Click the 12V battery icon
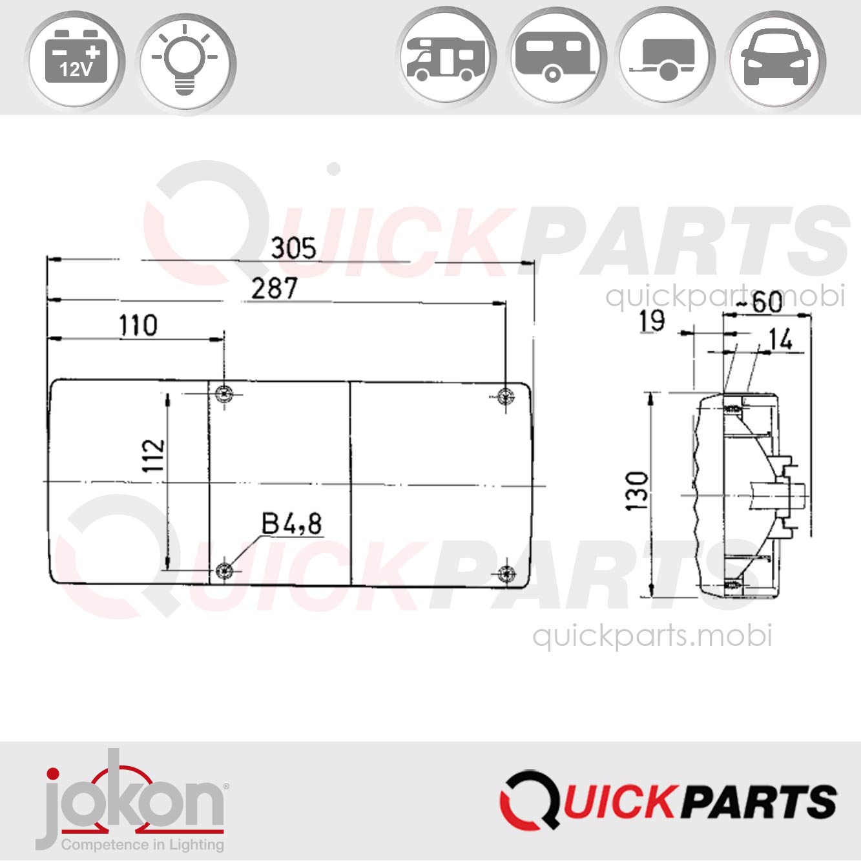coord(76,61)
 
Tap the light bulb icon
coord(185,61)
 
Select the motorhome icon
coord(445,59)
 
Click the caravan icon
coord(555,59)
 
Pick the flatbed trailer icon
coord(665,59)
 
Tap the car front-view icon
coord(775,59)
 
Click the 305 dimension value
coord(293,249)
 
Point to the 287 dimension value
coord(275,289)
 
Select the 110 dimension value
coord(138,326)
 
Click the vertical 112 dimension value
coord(154,455)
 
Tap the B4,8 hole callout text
coord(291,524)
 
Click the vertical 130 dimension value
coord(638,491)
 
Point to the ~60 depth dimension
coord(760,302)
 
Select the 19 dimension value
coord(652,321)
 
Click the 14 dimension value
coord(780,340)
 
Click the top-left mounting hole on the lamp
coord(224,394)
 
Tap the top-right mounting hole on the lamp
coord(506,396)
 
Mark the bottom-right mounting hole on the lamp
coord(506,573)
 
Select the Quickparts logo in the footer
coord(668,801)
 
